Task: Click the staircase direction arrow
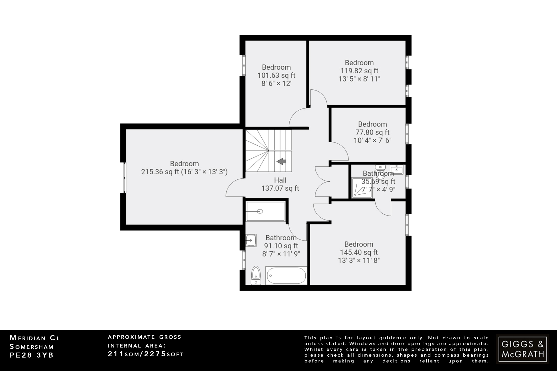(281, 161)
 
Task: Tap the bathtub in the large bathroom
(286, 276)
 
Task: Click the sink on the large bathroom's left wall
(251, 240)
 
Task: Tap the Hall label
(280, 180)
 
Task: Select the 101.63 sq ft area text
(276, 75)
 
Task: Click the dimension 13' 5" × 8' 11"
(359, 79)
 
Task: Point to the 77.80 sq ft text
(372, 132)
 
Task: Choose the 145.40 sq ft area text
(359, 252)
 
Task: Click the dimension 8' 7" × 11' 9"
(281, 254)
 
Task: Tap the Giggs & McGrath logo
(522, 349)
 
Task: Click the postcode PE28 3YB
(32, 355)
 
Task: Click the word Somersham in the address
(32, 347)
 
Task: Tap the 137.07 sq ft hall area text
(280, 188)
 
